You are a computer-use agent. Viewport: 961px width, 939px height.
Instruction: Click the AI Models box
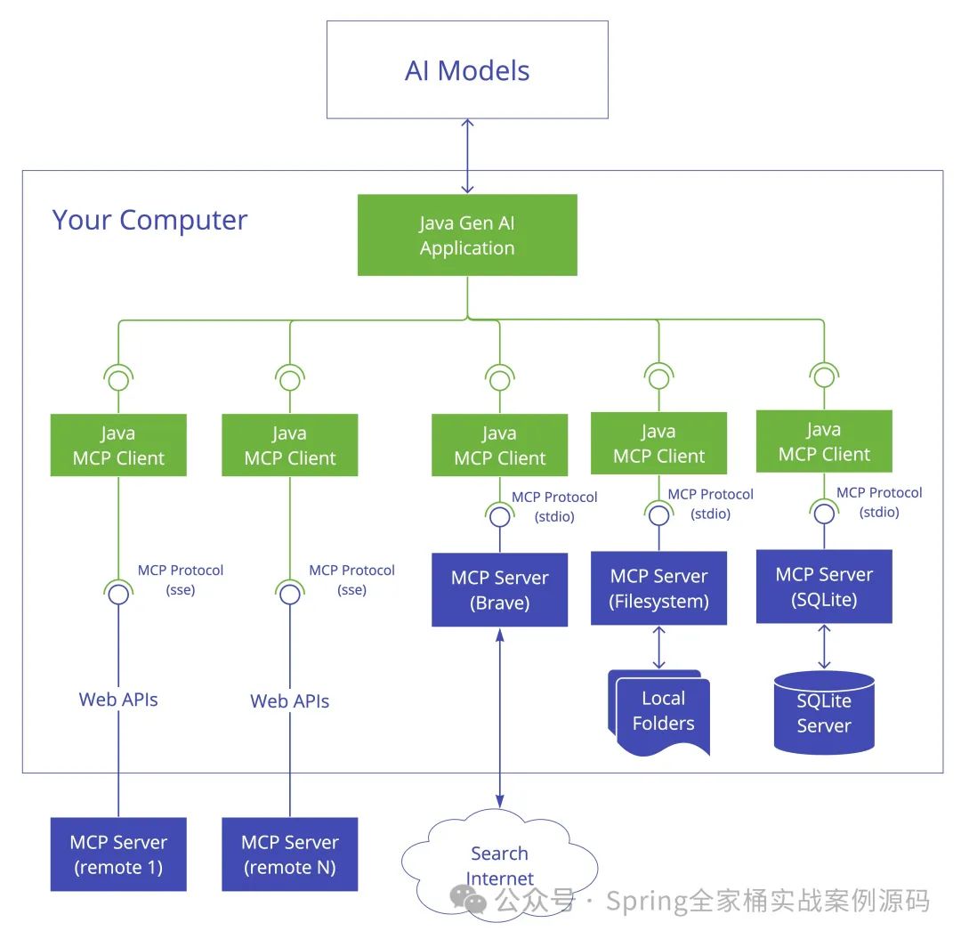467,70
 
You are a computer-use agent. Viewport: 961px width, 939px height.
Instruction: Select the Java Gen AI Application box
467,235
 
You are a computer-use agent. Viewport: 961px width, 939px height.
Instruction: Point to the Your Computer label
149,220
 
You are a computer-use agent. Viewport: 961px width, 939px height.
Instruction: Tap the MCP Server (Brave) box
499,590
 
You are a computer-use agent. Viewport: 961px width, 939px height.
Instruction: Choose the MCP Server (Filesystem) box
658,588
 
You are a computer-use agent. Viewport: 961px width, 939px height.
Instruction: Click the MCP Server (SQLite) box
823,587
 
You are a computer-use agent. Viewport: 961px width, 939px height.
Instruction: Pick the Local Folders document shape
660,712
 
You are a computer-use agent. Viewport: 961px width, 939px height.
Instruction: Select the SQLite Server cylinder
824,713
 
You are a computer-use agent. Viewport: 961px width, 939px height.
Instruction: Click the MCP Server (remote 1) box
118,854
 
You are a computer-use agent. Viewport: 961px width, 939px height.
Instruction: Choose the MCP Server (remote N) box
290,854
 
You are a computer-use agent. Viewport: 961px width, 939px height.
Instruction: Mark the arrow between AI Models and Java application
467,156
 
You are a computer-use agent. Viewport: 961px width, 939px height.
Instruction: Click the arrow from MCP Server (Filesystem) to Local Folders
658,647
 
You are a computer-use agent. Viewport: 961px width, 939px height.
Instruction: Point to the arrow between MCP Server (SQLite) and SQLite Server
824,646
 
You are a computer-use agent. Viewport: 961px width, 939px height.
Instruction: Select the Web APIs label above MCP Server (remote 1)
118,700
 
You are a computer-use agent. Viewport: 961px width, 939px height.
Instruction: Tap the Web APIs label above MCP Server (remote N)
290,701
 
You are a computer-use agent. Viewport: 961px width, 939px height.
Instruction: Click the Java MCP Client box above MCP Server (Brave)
499,446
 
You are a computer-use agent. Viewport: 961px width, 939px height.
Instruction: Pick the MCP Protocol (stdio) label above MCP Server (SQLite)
878,502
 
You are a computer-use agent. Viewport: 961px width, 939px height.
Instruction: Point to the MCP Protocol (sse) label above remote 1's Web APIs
180,579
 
